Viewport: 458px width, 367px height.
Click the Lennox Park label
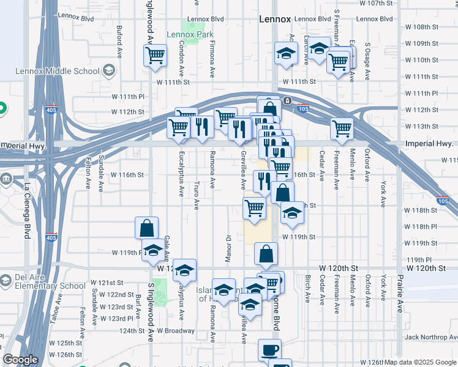click(x=190, y=34)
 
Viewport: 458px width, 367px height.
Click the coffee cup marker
click(x=269, y=350)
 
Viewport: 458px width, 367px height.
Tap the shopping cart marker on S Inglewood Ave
click(x=156, y=55)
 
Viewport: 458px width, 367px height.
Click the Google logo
click(x=20, y=360)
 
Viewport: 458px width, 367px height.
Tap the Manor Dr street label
click(x=228, y=248)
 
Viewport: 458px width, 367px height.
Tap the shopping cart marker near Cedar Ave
click(x=342, y=128)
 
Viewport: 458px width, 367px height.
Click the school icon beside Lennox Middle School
click(x=109, y=71)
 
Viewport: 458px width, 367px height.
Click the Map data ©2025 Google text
click(x=419, y=363)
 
